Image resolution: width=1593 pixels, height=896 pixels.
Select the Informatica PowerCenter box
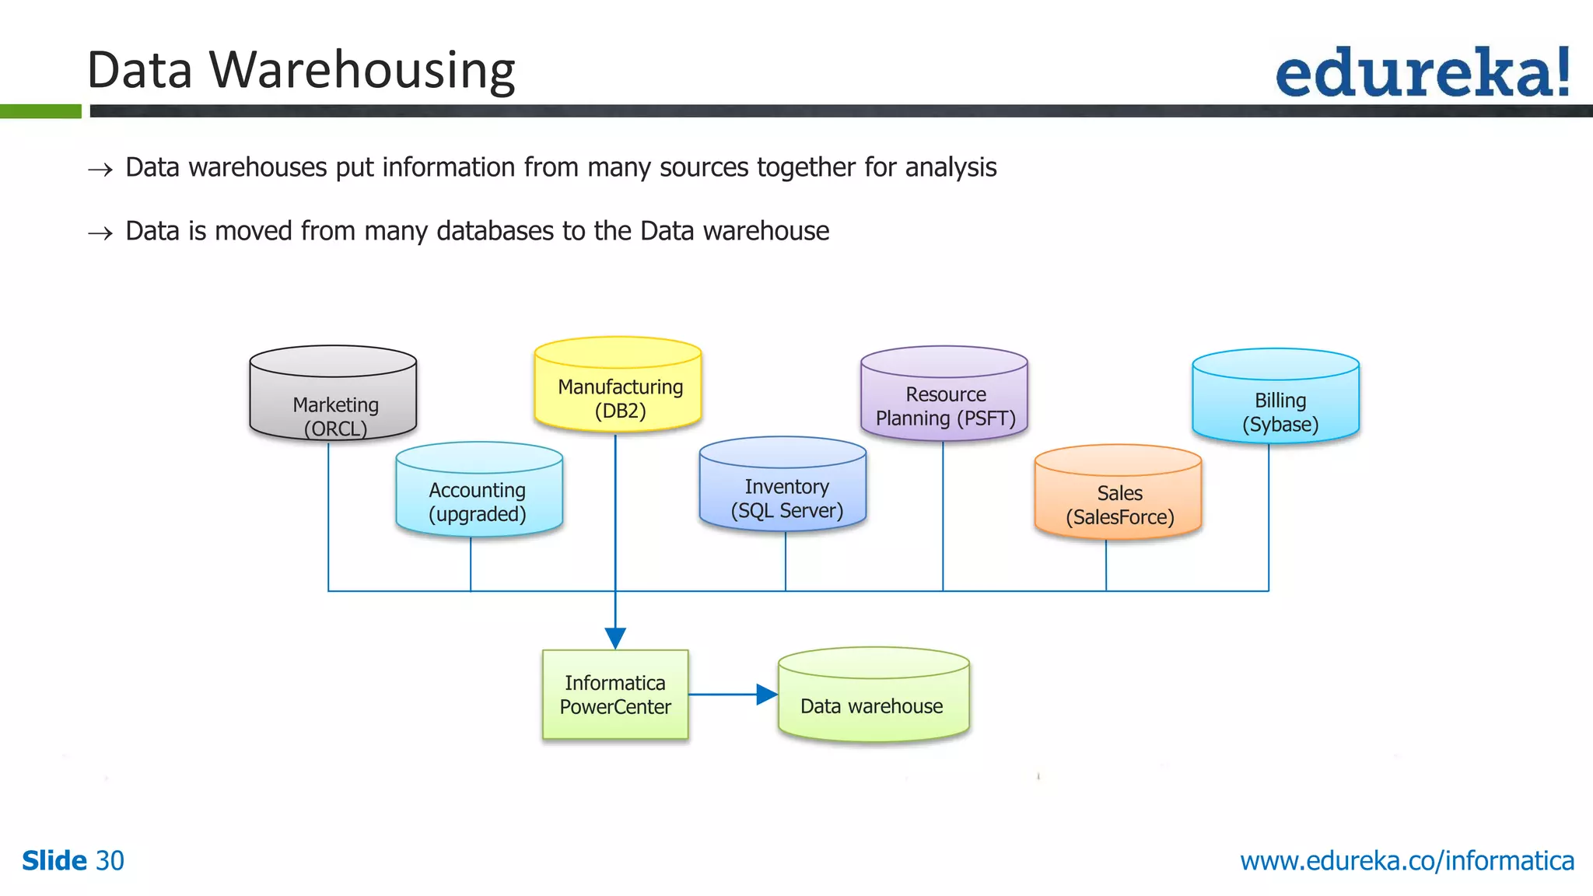pyautogui.click(x=615, y=695)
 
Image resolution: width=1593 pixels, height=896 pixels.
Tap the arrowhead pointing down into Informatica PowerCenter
pyautogui.click(x=615, y=639)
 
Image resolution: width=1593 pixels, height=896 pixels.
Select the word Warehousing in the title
pyautogui.click(x=362, y=70)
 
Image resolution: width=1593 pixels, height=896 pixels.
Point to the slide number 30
pyautogui.click(x=110, y=861)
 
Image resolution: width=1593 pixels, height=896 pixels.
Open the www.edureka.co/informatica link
pyautogui.click(x=1406, y=861)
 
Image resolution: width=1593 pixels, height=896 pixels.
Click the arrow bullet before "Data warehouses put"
pyautogui.click(x=100, y=170)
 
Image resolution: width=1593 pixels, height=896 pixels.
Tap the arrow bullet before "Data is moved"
pyautogui.click(x=100, y=233)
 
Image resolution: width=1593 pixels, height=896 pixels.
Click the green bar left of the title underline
pyautogui.click(x=40, y=112)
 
